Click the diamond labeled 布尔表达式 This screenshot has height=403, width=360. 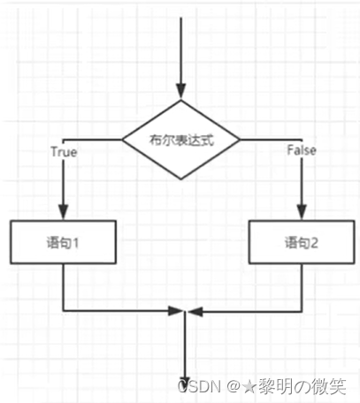[181, 140]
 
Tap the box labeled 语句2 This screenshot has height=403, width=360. [303, 241]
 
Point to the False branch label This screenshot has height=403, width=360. [302, 150]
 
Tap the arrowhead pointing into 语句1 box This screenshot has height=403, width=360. [62, 212]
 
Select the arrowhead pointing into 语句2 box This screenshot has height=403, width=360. [303, 212]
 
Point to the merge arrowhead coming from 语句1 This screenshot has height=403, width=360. [175, 310]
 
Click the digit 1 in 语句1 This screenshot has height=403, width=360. [77, 241]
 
